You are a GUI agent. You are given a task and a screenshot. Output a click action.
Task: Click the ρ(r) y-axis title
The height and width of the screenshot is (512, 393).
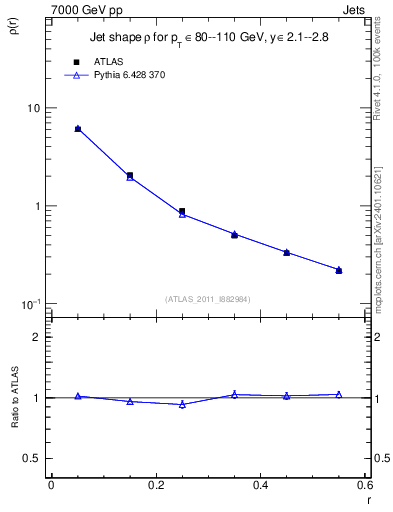(13, 29)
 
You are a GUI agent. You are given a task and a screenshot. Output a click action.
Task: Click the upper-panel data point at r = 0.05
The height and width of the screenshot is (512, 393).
(78, 129)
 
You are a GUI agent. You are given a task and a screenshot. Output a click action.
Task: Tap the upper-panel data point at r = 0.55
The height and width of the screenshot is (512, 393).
(339, 270)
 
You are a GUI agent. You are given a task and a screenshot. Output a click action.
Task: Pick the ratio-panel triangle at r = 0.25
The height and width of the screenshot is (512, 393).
(182, 404)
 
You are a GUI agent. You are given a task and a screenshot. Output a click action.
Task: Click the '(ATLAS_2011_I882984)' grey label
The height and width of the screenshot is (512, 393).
(206, 298)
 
